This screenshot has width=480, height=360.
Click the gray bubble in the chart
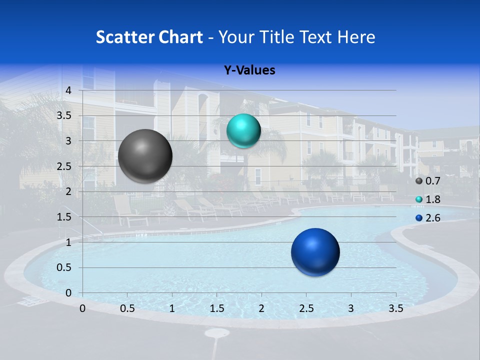145,156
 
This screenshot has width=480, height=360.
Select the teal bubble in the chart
243,131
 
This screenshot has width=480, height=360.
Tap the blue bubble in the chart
315,252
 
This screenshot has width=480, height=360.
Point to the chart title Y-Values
249,70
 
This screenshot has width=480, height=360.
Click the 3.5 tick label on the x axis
395,308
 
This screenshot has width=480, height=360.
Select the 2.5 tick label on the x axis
306,308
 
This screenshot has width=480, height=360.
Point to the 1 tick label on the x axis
172,308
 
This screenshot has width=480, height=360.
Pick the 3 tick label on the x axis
351,308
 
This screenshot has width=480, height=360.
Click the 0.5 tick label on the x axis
127,308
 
